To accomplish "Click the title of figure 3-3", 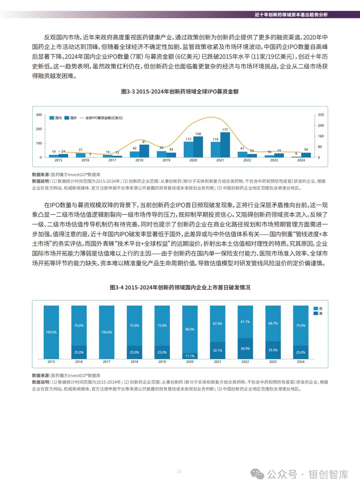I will tap(180, 91).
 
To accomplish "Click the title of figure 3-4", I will tap(180, 287).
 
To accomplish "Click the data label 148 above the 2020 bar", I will tap(198, 134).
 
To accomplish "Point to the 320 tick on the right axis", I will tap(321, 115).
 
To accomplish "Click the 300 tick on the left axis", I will tap(39, 115).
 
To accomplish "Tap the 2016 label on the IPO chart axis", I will tap(85, 160).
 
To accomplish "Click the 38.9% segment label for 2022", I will tap(245, 349).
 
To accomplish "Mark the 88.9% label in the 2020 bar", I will tap(190, 329).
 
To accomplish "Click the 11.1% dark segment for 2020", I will tap(190, 356).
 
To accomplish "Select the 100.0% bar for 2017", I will tap(107, 332).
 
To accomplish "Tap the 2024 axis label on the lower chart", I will tap(301, 362).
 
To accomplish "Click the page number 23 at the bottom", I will tap(179, 471).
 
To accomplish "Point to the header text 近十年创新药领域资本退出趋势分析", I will tap(291, 15).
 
